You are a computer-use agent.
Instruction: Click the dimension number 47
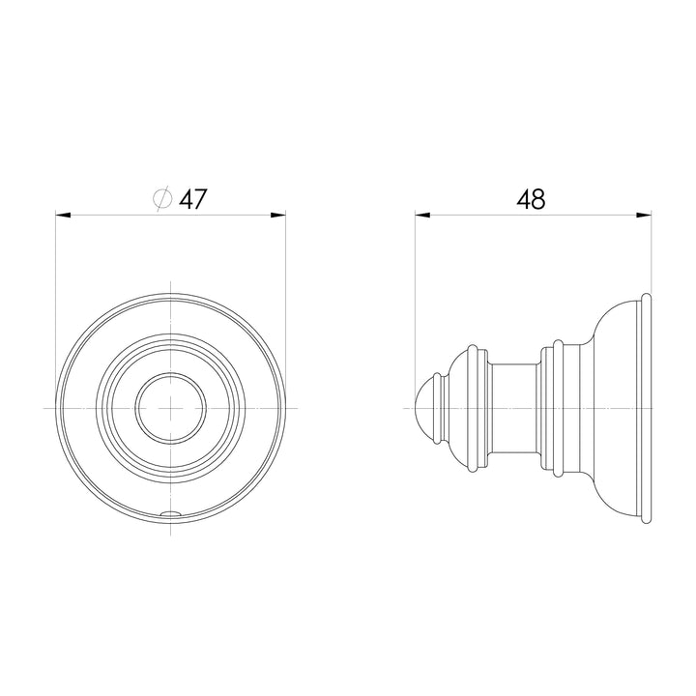point(193,199)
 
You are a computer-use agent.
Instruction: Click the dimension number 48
point(531,199)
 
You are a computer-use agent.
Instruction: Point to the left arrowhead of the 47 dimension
point(63,216)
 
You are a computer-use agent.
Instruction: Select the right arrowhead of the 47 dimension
point(278,216)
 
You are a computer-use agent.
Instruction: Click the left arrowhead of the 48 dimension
point(422,216)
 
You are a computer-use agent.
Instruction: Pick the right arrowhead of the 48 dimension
point(644,216)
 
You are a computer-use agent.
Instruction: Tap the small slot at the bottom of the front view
point(171,513)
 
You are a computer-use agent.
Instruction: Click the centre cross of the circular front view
point(171,408)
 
